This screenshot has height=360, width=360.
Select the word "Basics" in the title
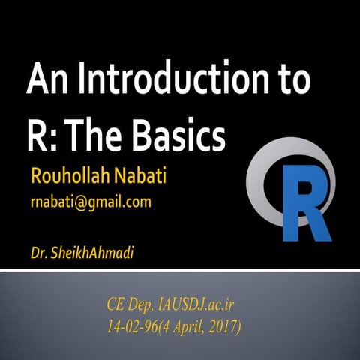[182, 136]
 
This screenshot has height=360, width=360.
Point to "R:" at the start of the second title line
[41, 136]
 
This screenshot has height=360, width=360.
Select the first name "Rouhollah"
[66, 178]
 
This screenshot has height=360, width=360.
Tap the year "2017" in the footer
[222, 328]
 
